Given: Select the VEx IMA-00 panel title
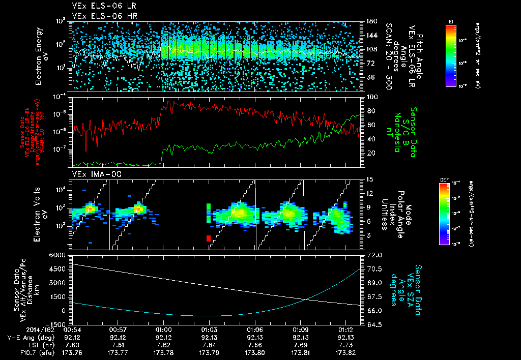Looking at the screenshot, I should [x=92, y=174].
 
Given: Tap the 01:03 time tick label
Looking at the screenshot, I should [x=209, y=329].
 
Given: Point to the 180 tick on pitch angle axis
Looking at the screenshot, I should [x=371, y=21].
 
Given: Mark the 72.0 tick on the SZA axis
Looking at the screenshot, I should [x=373, y=254].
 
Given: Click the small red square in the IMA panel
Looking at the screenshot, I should [x=208, y=238].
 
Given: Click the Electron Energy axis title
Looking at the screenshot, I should [x=42, y=56].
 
